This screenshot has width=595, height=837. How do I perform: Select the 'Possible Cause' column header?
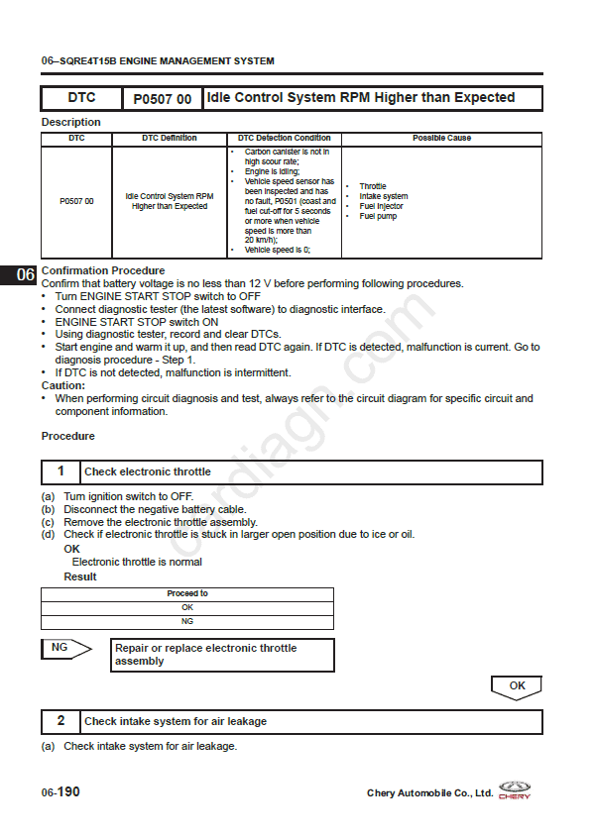441,139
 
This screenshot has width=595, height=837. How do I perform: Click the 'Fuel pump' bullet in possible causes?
378,216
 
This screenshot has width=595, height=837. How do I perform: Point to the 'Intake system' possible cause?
383,196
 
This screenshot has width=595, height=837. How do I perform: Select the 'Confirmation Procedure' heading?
103,270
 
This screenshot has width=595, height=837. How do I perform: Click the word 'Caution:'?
63,386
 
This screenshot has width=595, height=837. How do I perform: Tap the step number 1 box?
61,471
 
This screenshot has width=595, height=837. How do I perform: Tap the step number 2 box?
61,721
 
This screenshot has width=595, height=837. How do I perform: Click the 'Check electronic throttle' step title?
148,472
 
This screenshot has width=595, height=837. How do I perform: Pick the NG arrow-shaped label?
64,649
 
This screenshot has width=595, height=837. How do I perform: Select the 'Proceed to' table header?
187,594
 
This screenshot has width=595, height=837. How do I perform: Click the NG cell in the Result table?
187,621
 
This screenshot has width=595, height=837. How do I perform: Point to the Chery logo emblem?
515,789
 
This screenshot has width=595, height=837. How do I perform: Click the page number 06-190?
60,792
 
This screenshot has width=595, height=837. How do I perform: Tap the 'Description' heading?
70,122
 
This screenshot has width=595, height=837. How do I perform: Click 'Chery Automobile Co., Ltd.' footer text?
429,793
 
